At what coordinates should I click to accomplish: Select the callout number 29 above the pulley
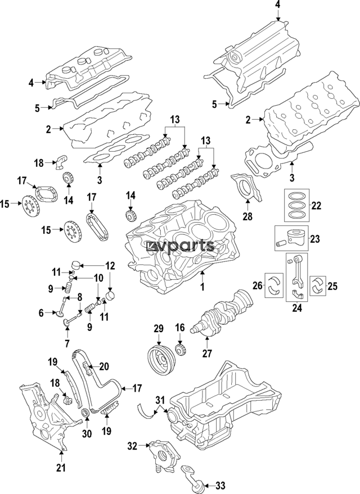158,328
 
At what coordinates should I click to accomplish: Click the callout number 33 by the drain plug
220,484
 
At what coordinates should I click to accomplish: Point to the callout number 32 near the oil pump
132,447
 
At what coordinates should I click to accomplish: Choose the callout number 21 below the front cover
61,466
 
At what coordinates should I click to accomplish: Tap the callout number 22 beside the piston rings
316,206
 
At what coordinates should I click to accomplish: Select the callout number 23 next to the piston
314,239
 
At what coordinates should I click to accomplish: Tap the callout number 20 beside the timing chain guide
103,366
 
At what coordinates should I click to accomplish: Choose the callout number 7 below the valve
67,343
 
